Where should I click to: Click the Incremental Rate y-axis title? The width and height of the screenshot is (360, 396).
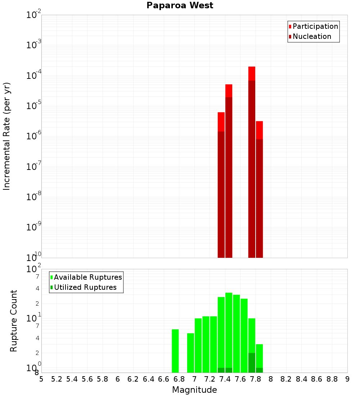tap(7, 136)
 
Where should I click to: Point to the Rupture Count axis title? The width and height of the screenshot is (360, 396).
tap(14, 321)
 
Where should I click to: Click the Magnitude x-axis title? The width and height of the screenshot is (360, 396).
tap(194, 390)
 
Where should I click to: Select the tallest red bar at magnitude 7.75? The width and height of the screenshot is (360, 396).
tap(252, 162)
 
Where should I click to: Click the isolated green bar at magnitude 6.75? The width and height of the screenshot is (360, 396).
tap(175, 351)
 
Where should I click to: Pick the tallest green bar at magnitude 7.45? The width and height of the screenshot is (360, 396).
tap(229, 331)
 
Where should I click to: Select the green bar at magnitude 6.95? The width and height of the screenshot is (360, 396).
tap(190, 353)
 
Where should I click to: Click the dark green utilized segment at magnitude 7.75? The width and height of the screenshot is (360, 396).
tap(252, 363)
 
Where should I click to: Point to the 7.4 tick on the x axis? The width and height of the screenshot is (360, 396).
tap(225, 379)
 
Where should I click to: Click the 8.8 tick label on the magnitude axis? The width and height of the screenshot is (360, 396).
tap(332, 379)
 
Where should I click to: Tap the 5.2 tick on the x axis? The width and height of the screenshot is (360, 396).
tap(57, 379)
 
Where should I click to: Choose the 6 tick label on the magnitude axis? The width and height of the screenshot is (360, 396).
tap(118, 379)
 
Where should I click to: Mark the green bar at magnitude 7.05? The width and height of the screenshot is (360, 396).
tap(198, 346)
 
